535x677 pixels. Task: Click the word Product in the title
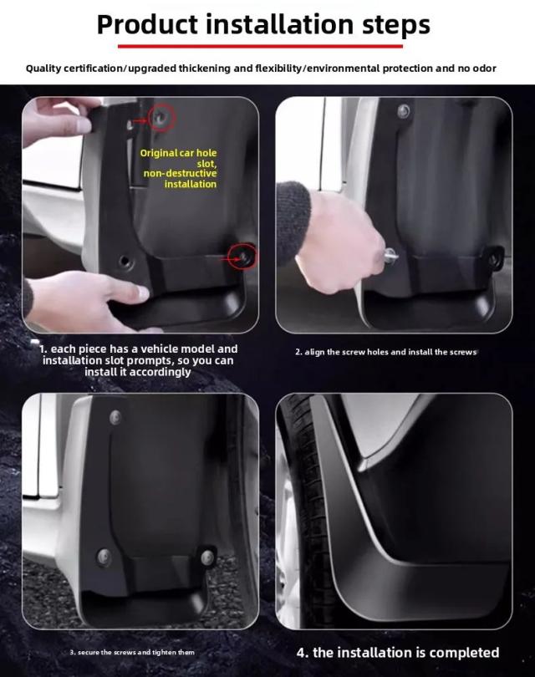point(147,25)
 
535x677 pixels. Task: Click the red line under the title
point(260,46)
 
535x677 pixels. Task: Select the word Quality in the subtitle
point(44,69)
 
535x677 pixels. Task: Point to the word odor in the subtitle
point(484,69)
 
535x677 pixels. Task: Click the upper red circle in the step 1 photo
point(161,117)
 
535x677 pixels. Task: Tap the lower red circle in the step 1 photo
point(242,257)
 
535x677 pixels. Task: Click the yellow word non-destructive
point(180,173)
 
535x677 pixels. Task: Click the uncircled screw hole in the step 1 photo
point(125,262)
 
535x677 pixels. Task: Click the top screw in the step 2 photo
point(403,111)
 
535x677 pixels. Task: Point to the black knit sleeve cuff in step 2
point(293,221)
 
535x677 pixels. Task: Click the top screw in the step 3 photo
point(115,417)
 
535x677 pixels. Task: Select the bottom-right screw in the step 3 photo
point(207,557)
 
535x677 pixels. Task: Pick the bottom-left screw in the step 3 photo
point(104,557)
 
